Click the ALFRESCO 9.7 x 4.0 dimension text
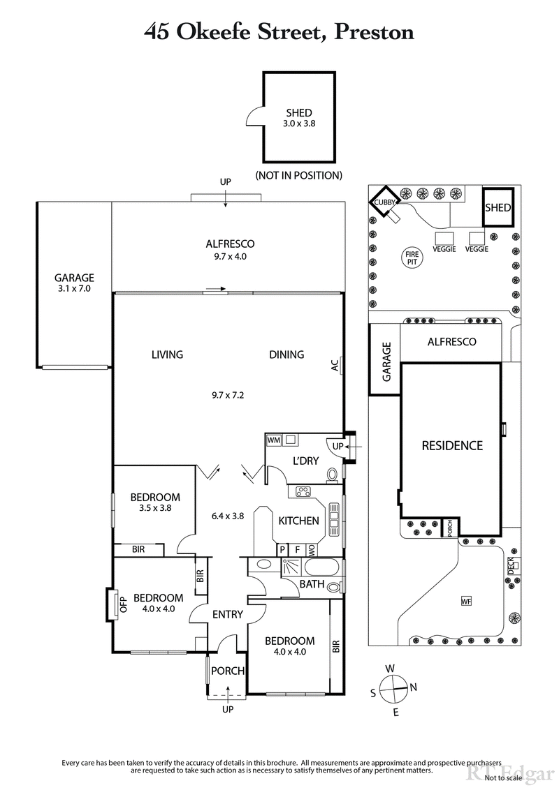230,256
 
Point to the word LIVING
167,355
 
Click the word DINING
286,355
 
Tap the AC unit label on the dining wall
335,365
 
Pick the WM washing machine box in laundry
274,440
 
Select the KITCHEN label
298,521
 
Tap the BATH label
312,583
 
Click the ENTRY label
227,615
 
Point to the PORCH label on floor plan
228,671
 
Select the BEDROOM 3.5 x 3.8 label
155,502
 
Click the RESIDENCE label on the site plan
451,445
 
